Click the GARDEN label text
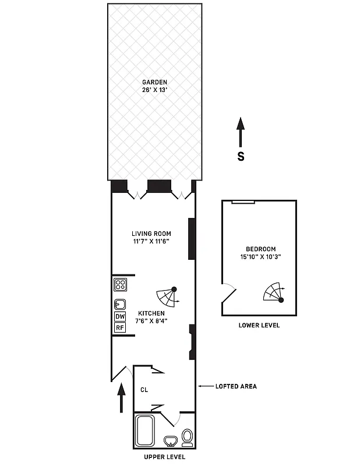point(154,82)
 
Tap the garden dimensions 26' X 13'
point(154,90)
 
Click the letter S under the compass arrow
point(240,156)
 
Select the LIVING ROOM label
point(151,234)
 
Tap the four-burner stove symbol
point(120,285)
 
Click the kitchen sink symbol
point(120,303)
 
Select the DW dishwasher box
point(120,316)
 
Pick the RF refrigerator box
point(120,327)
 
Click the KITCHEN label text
point(151,313)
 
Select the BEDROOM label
point(260,249)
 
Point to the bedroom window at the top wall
point(243,202)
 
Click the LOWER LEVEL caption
point(259,325)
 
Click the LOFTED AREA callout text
point(236,386)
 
